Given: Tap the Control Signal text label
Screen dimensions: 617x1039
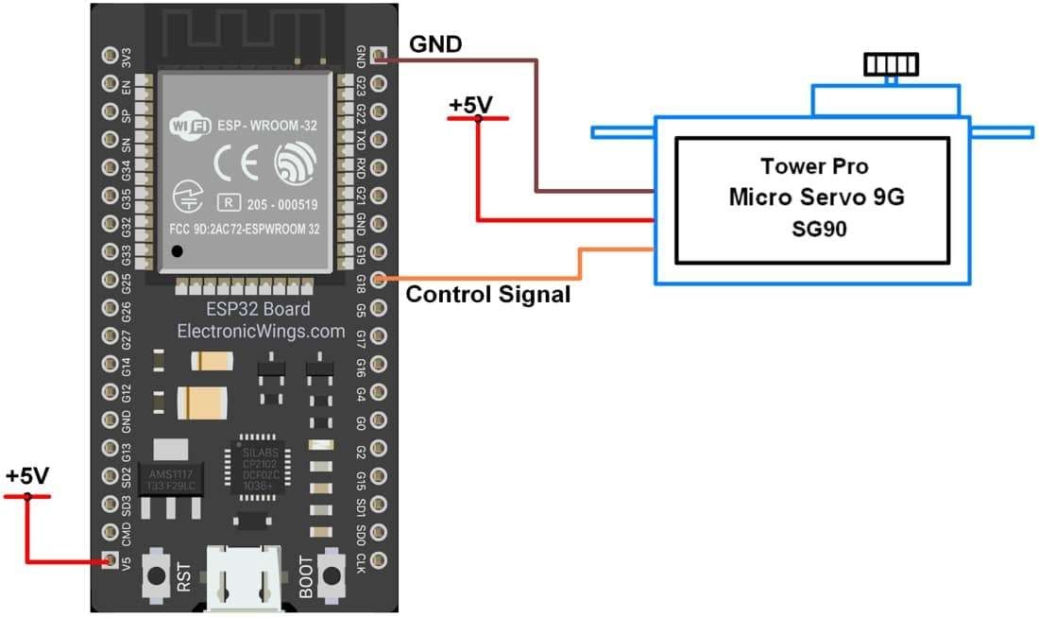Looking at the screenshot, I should coord(487,295).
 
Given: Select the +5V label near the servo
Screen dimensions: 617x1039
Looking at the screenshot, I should coord(470,105).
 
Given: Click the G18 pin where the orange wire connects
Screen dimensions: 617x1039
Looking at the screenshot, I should coord(379,279).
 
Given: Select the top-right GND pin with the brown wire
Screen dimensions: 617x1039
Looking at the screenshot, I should coord(379,56).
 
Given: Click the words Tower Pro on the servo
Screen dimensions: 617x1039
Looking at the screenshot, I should coord(812,167).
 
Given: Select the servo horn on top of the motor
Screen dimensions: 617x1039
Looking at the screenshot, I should coord(890,65).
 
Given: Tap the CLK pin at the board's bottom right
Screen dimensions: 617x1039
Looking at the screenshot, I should coord(379,561).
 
